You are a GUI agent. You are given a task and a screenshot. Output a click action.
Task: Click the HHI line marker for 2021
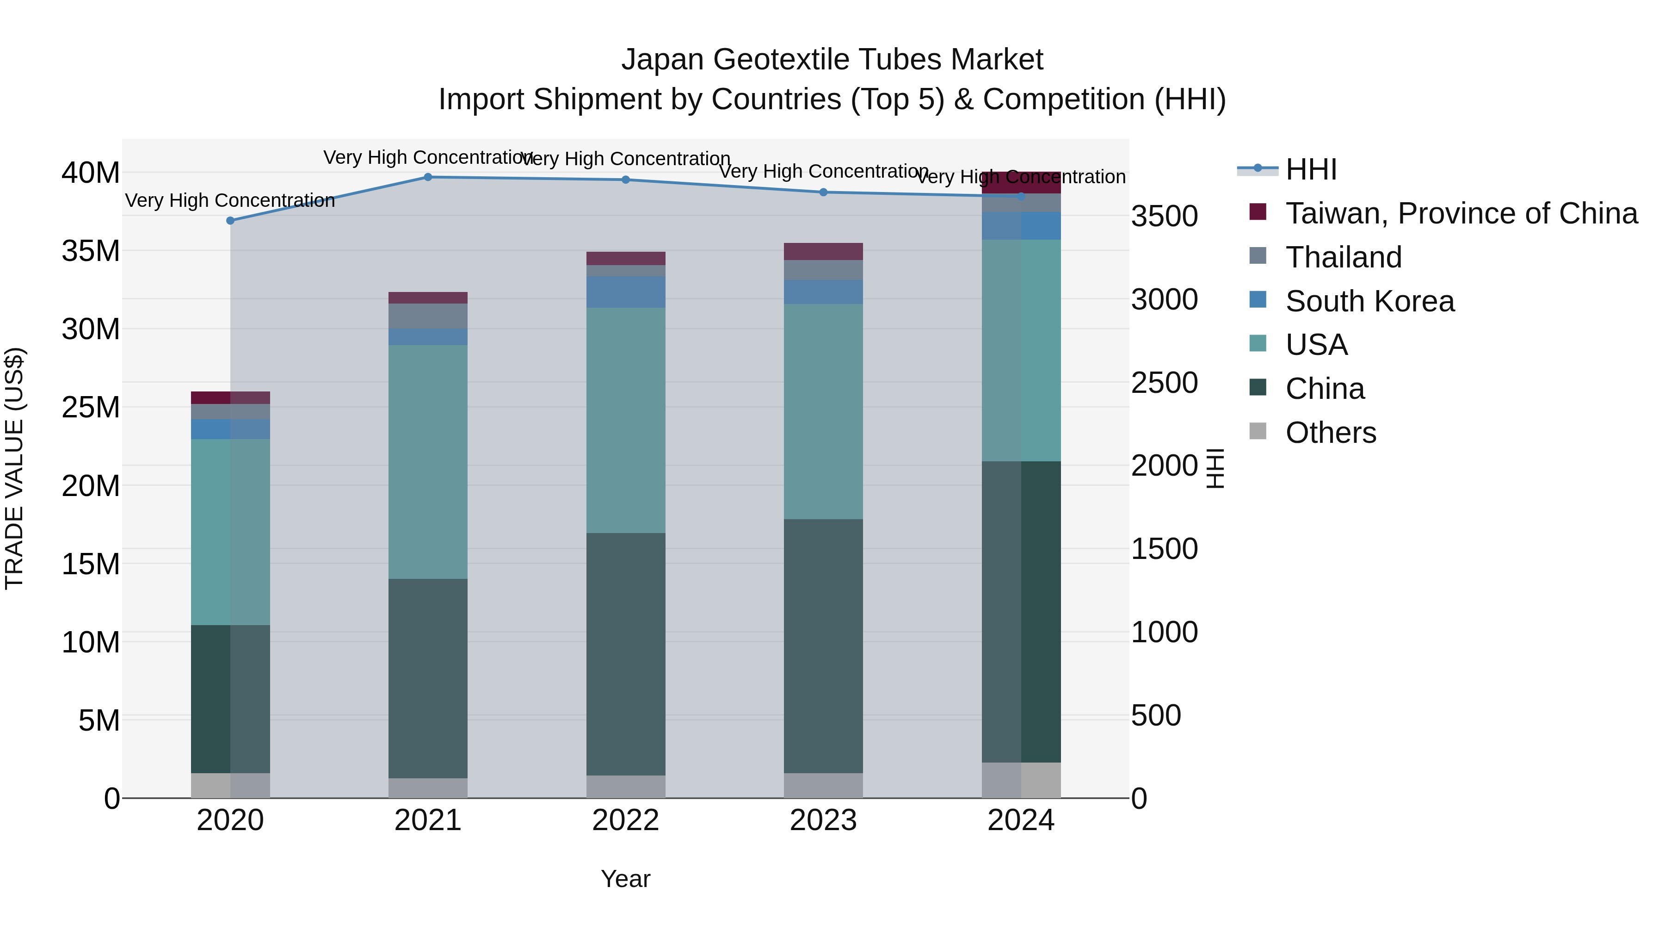tap(428, 177)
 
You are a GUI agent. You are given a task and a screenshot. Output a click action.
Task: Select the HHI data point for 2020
tap(230, 221)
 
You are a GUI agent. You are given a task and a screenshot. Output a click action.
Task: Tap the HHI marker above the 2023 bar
tap(823, 192)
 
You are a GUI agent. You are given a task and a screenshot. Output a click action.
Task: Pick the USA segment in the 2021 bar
tap(428, 462)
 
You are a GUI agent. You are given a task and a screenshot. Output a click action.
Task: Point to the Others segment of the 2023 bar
tap(823, 785)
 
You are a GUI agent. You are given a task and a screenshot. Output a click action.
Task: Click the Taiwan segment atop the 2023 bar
tap(823, 252)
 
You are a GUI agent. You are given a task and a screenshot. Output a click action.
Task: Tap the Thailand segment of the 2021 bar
tap(428, 316)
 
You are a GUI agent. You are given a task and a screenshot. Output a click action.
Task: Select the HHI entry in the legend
tap(1311, 169)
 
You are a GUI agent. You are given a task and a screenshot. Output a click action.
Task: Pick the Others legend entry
tap(1330, 433)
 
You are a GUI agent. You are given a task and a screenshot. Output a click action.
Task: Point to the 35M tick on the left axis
tap(91, 251)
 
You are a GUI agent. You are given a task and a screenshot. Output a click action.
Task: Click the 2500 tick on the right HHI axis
tap(1164, 383)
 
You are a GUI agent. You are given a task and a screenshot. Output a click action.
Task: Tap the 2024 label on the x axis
tap(1021, 820)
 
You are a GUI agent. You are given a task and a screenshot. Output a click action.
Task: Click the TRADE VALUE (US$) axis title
tap(15, 468)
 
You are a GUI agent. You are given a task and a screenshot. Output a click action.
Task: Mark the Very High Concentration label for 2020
tap(230, 200)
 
